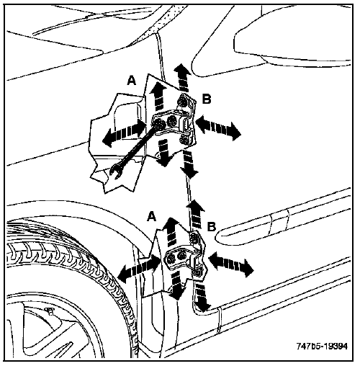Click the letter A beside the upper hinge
coord(132,80)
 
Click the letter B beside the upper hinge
coord(207,99)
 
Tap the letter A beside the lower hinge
coord(151,216)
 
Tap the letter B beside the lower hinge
coord(212,226)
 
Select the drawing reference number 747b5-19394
coord(322,346)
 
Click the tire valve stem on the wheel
coord(50,311)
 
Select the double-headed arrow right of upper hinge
coord(218,127)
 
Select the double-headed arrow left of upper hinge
coord(125,133)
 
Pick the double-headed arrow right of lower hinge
coord(231,264)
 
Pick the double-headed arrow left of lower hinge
coord(139,269)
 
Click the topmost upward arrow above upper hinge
coord(183,77)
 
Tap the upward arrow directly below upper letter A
coord(158,95)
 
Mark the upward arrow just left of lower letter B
coord(196,214)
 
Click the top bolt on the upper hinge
coord(183,100)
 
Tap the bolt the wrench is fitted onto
coord(159,124)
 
